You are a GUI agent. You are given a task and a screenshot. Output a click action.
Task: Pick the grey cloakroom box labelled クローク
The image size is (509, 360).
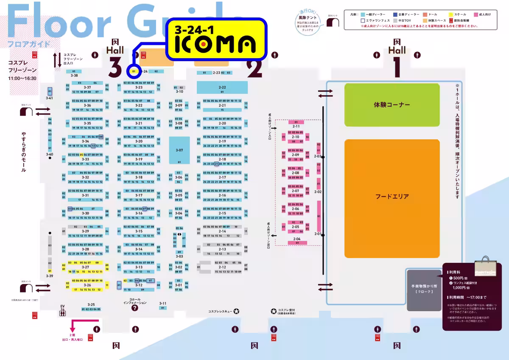tap(425, 289)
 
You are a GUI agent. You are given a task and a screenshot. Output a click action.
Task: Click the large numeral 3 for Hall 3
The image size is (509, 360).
tap(115, 67)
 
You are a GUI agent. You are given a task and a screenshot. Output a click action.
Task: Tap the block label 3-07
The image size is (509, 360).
tap(179, 150)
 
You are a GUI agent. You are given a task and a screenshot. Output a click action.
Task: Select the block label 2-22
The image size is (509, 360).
tap(222, 87)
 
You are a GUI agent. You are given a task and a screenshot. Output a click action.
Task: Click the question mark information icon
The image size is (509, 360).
tap(135, 308)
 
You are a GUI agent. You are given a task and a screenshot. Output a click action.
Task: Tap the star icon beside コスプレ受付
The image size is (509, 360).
tap(273, 311)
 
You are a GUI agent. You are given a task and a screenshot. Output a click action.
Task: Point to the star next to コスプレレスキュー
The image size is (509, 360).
tap(236, 311)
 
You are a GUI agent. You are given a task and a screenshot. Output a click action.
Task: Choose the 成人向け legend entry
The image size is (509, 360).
tap(482, 14)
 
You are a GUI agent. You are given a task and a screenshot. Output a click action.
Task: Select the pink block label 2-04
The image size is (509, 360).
tap(296, 239)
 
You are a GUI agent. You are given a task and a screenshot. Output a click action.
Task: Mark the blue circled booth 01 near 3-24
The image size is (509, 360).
tap(134, 71)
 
